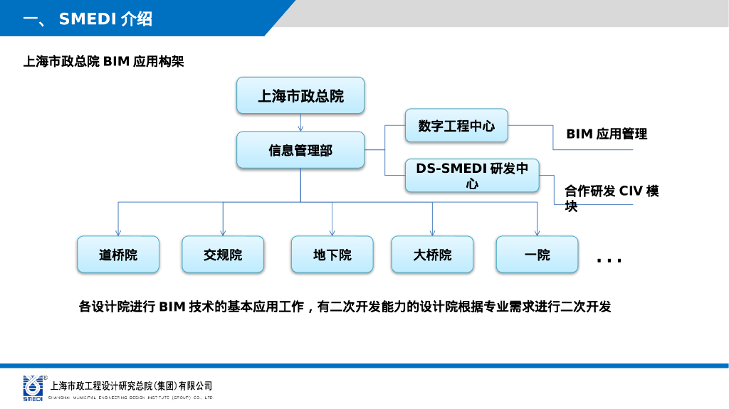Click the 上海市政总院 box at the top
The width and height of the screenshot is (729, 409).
click(300, 95)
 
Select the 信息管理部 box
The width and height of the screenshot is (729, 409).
click(300, 150)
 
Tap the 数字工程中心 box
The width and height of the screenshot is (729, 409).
click(456, 126)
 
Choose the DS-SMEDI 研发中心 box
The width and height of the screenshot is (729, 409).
click(472, 176)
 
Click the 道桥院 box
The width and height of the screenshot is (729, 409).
click(118, 255)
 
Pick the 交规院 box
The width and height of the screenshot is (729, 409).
click(223, 255)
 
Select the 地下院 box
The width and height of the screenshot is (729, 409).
click(332, 255)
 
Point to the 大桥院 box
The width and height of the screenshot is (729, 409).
click(432, 255)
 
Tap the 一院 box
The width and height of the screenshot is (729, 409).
click(537, 255)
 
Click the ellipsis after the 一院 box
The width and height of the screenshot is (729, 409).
click(609, 261)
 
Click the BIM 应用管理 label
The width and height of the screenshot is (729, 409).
click(607, 134)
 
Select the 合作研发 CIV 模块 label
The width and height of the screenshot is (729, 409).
click(612, 198)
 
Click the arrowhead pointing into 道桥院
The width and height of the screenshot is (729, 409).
click(118, 232)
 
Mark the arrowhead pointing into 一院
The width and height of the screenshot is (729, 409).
click(537, 232)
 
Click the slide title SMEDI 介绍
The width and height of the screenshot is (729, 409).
click(105, 19)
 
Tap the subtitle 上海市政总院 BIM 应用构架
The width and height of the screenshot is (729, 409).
click(104, 62)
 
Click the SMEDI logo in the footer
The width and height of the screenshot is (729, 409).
click(33, 388)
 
